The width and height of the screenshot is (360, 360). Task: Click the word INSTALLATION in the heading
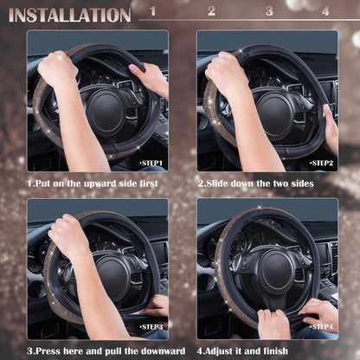(69, 15)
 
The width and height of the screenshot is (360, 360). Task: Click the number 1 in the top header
(153, 11)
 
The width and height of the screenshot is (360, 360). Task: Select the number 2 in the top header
(211, 11)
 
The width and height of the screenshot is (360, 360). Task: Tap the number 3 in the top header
(268, 11)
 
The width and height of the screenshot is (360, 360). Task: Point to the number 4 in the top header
(325, 11)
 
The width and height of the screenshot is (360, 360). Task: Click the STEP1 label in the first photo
(151, 163)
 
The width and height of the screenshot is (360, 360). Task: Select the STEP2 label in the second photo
(321, 163)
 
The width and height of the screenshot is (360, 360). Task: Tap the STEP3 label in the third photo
(151, 326)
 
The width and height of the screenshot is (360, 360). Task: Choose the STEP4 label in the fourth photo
(321, 326)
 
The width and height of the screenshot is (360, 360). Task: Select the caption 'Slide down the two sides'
(255, 183)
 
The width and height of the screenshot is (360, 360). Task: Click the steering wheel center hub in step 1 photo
(103, 107)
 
